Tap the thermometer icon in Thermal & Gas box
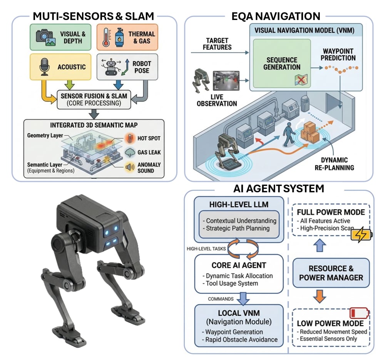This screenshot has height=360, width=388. click(106, 37)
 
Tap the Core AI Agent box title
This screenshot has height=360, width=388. click(239, 265)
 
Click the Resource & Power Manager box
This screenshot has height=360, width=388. click(331, 273)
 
